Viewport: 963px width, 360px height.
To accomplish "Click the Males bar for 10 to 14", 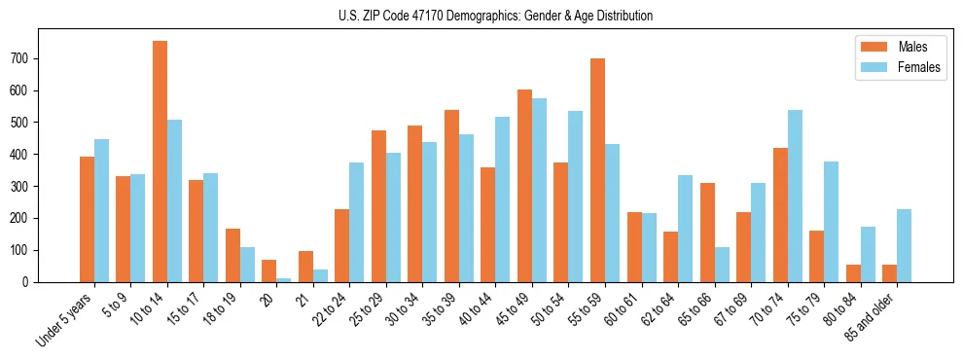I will click(x=160, y=162).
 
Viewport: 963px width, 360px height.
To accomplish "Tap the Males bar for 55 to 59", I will click(x=597, y=170).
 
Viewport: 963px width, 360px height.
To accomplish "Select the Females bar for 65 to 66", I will click(x=722, y=265).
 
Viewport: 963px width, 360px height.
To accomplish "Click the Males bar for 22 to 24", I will click(x=342, y=245).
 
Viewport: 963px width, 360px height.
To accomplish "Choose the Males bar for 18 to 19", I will click(x=232, y=255).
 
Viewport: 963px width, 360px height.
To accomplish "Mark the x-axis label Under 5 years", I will click(x=66, y=318).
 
